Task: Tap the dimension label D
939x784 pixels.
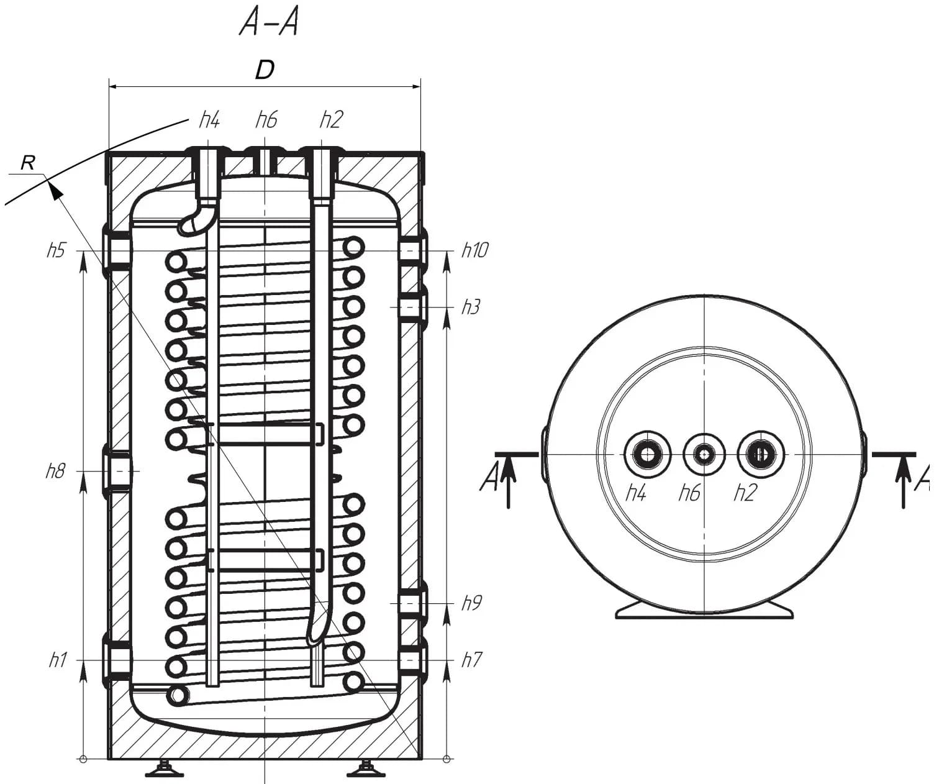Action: (x=265, y=70)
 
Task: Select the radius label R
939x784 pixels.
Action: (x=28, y=163)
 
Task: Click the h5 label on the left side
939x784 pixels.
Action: (x=57, y=250)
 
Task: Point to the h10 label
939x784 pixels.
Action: (x=475, y=250)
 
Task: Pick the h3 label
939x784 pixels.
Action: (x=471, y=308)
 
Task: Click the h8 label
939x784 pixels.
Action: (x=55, y=471)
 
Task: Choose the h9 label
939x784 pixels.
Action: (x=471, y=603)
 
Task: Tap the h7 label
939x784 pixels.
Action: (x=471, y=660)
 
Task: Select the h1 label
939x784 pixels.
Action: (x=58, y=660)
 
